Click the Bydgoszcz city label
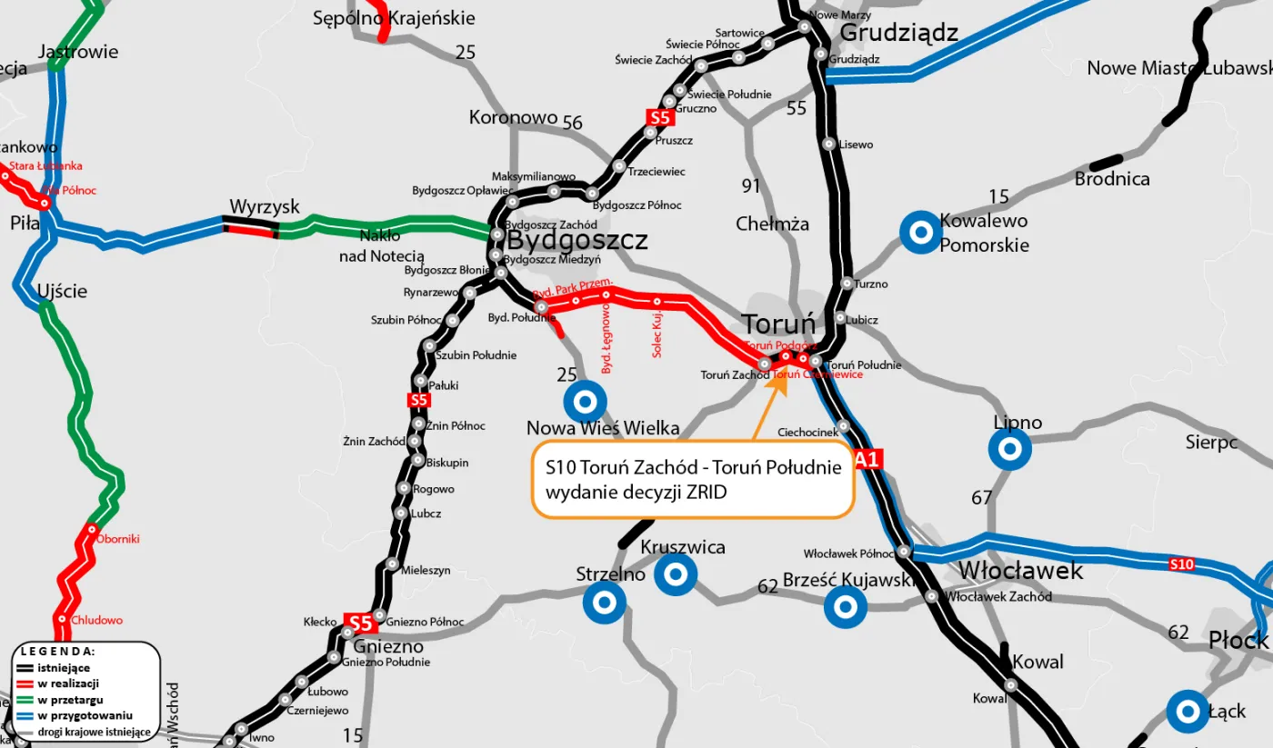click(576, 241)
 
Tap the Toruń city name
click(777, 324)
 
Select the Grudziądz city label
click(898, 34)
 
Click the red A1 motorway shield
click(867, 460)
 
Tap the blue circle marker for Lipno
click(1009, 449)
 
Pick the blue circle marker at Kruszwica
click(676, 574)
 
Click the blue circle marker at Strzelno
click(605, 602)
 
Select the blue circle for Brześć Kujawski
click(846, 606)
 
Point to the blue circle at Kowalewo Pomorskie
click(920, 233)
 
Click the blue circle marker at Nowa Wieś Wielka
click(585, 401)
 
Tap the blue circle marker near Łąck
click(1188, 712)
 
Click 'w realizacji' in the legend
click(68, 683)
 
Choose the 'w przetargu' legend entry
click(69, 700)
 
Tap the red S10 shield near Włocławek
click(1181, 565)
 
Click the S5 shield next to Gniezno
click(361, 623)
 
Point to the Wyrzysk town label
click(265, 207)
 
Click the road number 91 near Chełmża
click(750, 186)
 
